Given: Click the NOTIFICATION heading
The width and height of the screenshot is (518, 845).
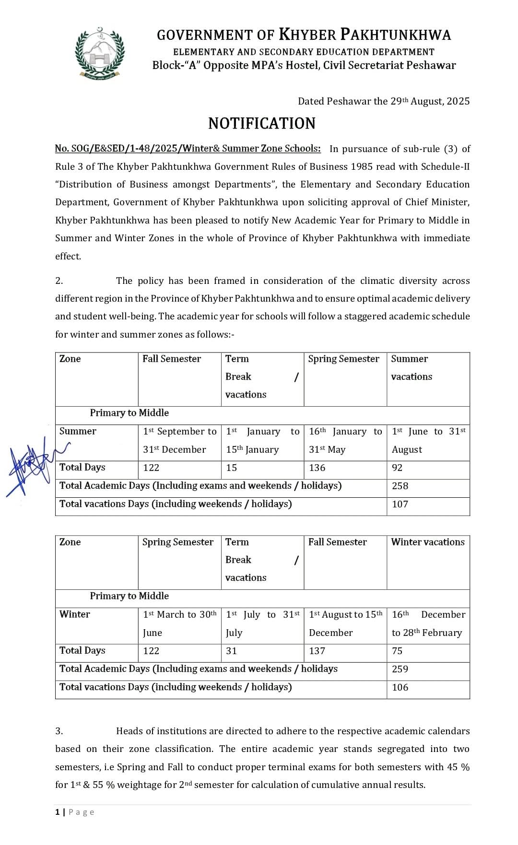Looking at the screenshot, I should (262, 124).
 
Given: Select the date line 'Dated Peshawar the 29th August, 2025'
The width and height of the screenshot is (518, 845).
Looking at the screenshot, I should (384, 101).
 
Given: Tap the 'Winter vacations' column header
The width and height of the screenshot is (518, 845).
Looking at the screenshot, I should (428, 542).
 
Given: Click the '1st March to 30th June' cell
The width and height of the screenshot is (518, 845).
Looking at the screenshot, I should (179, 623).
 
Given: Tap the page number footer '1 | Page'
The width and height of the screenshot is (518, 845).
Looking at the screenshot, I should (75, 812).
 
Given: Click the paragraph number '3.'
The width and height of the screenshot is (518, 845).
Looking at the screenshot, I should (59, 731).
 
